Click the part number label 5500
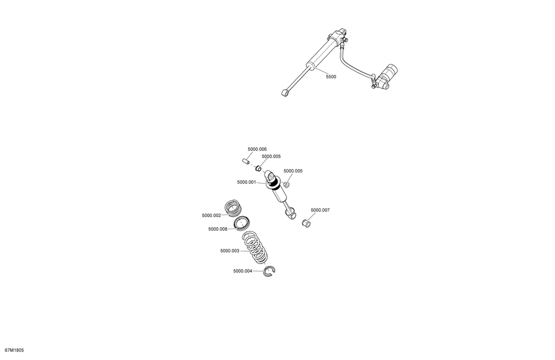(x=331, y=77)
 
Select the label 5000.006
(x=257, y=149)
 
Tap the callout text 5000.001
(x=246, y=182)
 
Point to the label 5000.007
(x=320, y=210)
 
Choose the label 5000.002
(x=211, y=215)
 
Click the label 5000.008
(x=218, y=229)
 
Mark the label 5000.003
(x=230, y=251)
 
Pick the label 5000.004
(x=243, y=271)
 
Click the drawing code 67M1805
(x=14, y=351)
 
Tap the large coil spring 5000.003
(x=255, y=247)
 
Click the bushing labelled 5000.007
(x=306, y=224)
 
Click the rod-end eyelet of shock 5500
(x=285, y=93)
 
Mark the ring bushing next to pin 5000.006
(x=259, y=168)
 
